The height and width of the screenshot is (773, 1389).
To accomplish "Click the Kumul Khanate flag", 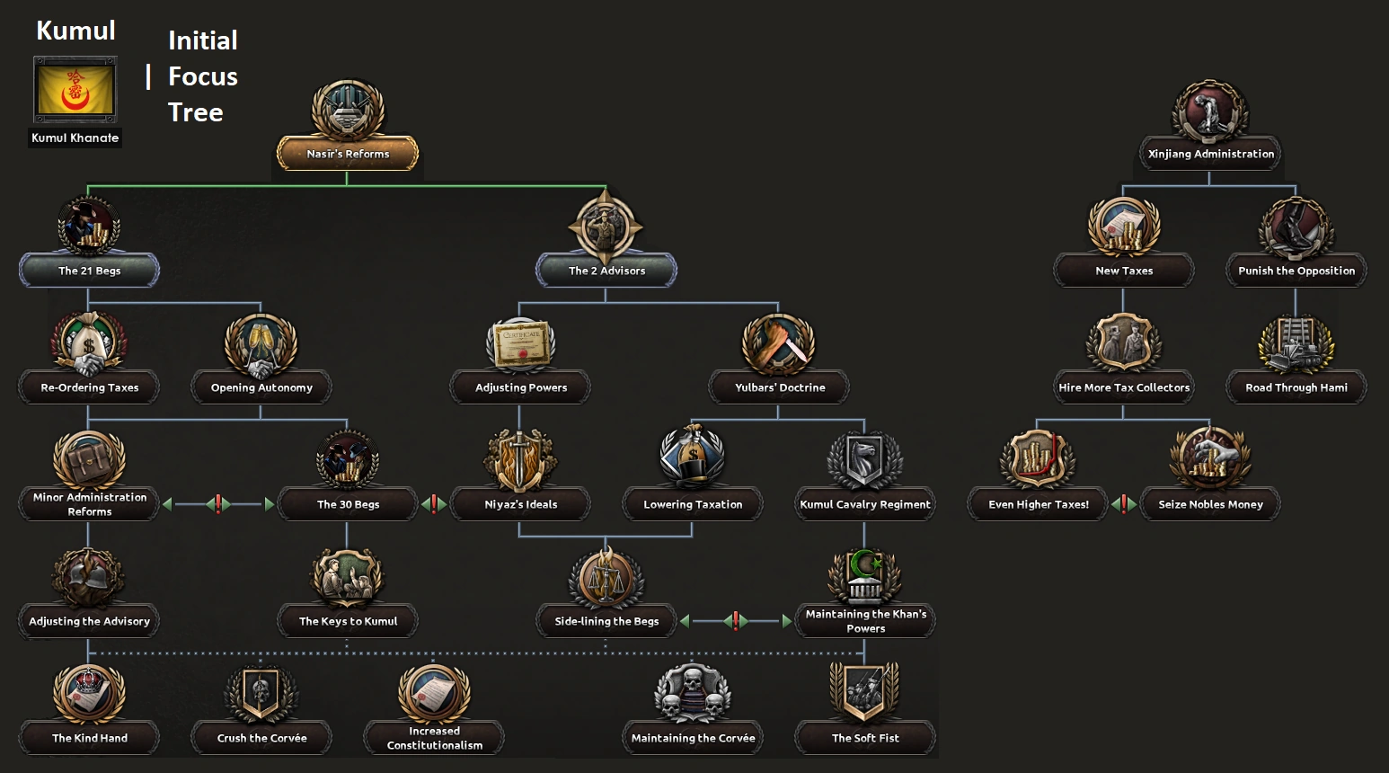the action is click(75, 90).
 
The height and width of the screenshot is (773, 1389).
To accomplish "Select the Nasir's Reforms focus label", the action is click(348, 154).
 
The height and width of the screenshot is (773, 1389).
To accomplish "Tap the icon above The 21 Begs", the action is click(89, 227).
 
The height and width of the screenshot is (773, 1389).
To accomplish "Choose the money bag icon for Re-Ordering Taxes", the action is click(89, 344).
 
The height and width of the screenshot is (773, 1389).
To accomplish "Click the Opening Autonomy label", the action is click(261, 387).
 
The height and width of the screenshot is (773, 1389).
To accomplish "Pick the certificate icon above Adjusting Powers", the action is click(521, 344).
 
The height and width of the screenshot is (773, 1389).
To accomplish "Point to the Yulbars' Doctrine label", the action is click(779, 387).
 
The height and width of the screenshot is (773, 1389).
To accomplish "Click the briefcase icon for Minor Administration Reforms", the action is click(89, 460).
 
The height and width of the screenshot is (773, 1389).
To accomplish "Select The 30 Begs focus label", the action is click(348, 504).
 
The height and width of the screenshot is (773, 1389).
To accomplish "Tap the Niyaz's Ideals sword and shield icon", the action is click(521, 460).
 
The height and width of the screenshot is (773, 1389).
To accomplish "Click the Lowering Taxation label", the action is click(693, 504).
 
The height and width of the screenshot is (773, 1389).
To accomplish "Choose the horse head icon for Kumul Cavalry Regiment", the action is click(864, 460).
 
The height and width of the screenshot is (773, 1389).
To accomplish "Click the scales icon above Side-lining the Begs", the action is click(606, 578).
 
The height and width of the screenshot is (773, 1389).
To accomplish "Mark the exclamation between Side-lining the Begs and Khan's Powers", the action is click(736, 621).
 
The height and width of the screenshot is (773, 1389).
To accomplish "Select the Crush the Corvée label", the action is click(261, 738).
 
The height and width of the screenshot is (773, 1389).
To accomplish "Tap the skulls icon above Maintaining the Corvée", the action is click(692, 694).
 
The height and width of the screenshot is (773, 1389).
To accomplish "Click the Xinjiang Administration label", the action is click(1210, 154).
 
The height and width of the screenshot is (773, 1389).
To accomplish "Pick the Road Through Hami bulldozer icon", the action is click(1296, 344).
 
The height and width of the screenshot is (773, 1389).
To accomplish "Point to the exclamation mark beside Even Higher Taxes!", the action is click(1123, 504).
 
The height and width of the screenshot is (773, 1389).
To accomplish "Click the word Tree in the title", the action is click(195, 112).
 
